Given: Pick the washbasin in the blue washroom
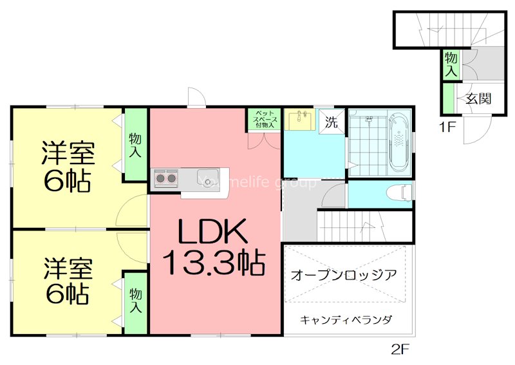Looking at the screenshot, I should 300,120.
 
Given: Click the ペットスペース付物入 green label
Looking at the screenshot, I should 265,120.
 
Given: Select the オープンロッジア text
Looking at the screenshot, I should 344,274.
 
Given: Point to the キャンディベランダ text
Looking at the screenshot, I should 346,319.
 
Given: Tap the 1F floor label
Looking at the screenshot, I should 448,126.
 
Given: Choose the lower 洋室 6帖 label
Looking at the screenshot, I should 68,282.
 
